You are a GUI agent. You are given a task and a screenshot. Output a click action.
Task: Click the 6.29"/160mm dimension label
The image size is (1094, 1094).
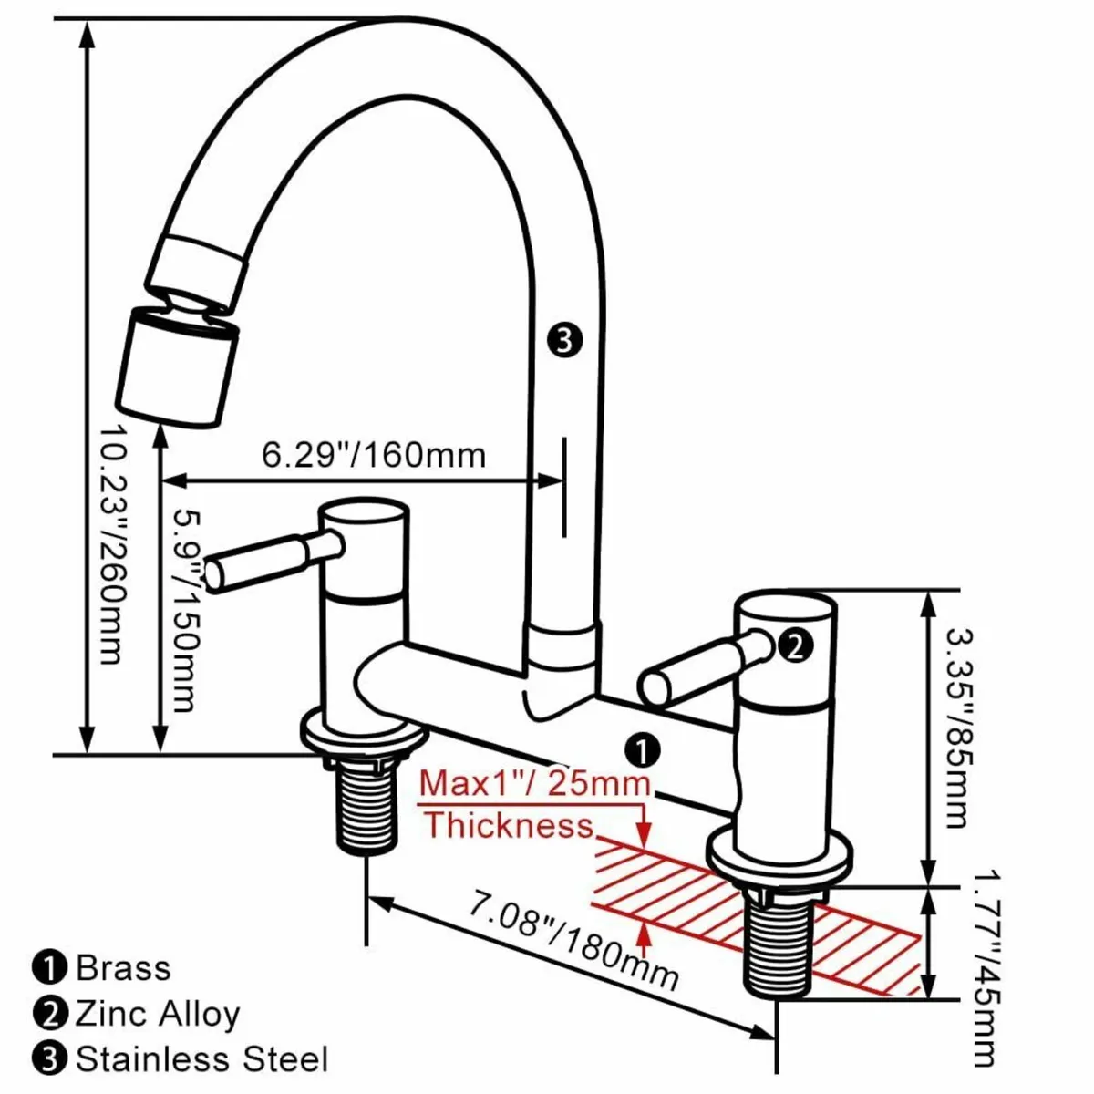[x=374, y=453]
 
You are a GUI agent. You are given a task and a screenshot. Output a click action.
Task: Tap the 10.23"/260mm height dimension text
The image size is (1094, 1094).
[x=110, y=543]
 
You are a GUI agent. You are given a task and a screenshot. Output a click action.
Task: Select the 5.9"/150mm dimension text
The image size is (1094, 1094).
[x=183, y=609]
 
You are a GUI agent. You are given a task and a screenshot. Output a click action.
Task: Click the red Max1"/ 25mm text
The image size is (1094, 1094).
[x=535, y=783]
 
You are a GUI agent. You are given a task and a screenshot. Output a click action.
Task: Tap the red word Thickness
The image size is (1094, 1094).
[x=509, y=825]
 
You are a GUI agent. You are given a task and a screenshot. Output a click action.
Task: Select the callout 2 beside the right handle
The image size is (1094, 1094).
[x=793, y=645]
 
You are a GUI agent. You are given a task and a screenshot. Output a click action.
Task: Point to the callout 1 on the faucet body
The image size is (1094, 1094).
[x=643, y=750]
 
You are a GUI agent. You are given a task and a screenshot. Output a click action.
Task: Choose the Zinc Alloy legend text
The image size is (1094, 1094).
[x=157, y=1013]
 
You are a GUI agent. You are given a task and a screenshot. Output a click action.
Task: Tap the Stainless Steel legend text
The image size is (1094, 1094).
[x=201, y=1059]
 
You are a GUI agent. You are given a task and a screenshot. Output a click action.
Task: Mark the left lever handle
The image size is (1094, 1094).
[x=264, y=560]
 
